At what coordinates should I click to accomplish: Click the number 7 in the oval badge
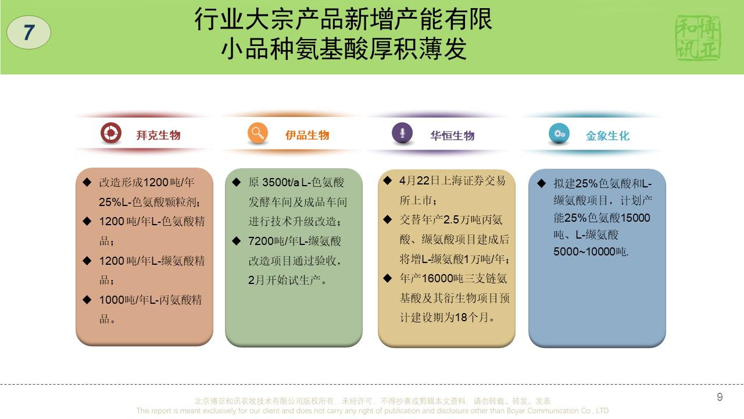[29, 32]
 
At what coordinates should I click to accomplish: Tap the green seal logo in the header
[698, 38]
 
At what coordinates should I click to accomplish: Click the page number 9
[720, 397]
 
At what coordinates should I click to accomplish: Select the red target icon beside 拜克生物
[111, 133]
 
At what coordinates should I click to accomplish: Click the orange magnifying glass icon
[257, 133]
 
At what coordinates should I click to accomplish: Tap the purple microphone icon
[402, 133]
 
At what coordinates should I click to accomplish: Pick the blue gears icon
[559, 133]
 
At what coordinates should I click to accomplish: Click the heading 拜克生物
[159, 136]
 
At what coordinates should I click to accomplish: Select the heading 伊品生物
[307, 136]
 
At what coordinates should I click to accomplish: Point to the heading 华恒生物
[452, 136]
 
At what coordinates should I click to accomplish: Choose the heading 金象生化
[607, 136]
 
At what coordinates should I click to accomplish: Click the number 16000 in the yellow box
[437, 278]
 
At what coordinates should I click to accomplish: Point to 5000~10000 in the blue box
[585, 252]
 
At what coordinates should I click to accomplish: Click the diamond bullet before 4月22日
[387, 180]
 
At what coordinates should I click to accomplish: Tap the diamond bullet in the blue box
[541, 183]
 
